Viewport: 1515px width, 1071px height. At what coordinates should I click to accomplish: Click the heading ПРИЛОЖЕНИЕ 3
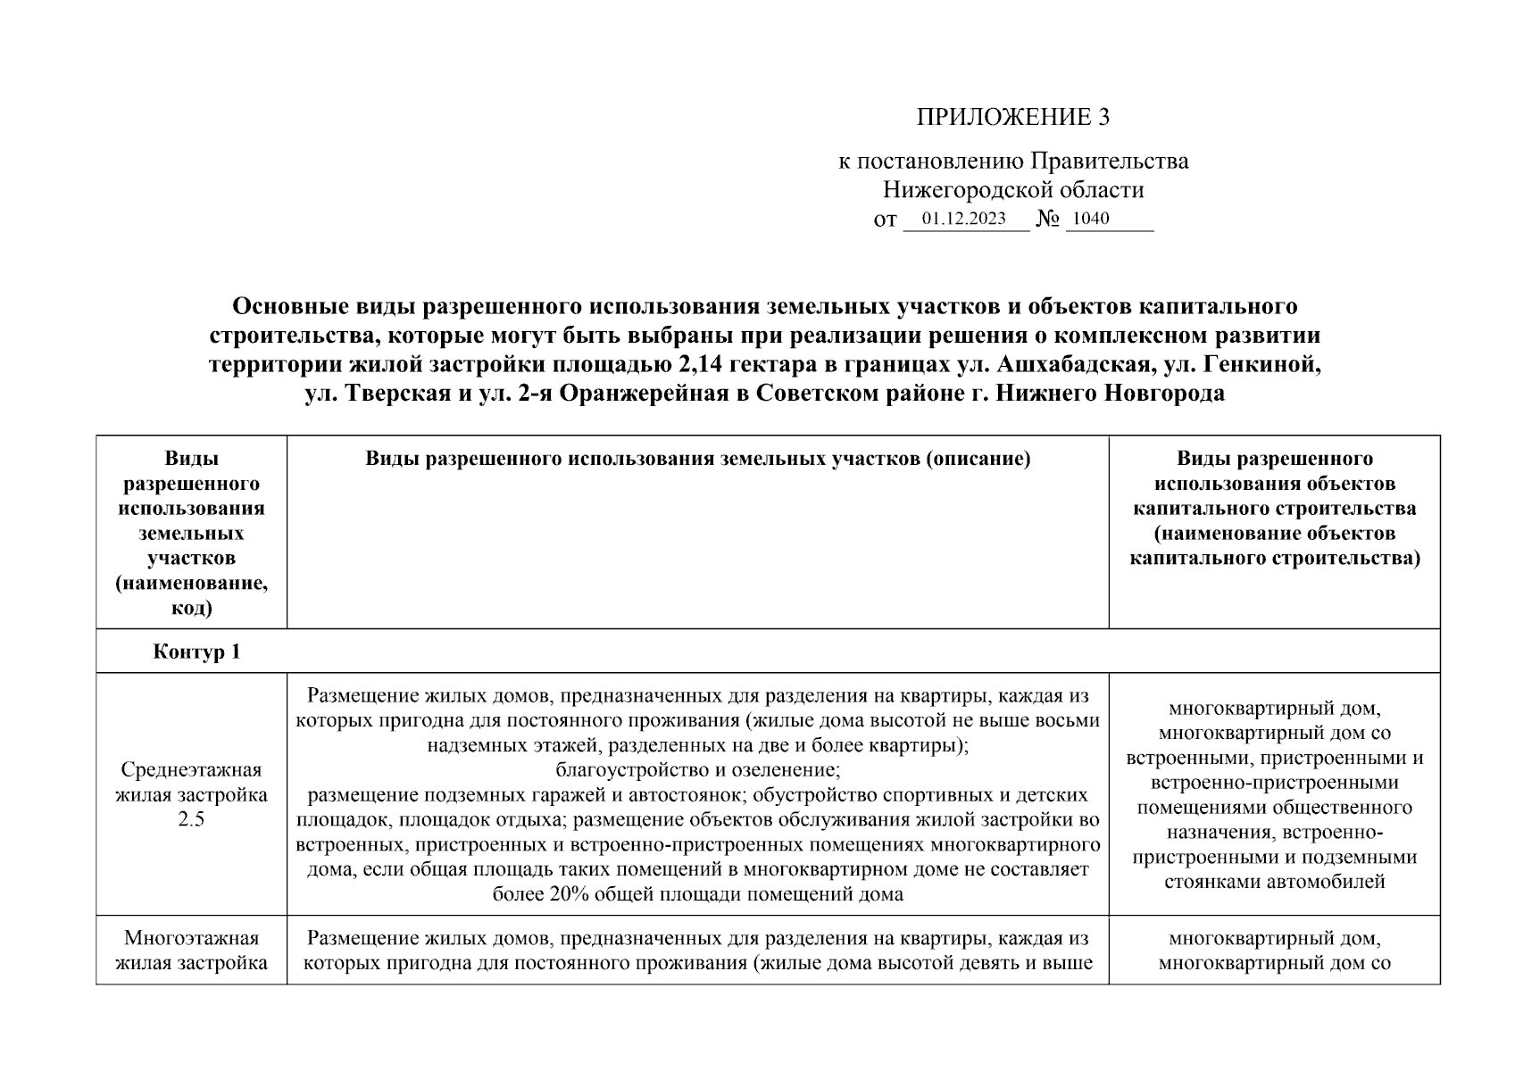pos(1013,117)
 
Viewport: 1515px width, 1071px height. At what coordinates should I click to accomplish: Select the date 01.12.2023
pos(964,219)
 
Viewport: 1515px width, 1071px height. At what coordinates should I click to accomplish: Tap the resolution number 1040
pos(1091,219)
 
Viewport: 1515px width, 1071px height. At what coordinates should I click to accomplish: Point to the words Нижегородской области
pos(1013,190)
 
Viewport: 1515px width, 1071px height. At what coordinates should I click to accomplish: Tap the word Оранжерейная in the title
pos(641,394)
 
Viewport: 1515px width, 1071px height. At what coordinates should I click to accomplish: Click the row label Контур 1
pos(196,652)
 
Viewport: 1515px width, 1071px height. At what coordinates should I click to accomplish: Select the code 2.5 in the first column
pos(191,819)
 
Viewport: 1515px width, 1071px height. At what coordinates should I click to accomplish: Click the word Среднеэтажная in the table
pos(191,769)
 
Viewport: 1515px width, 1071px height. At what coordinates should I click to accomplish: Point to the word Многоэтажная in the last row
pos(191,938)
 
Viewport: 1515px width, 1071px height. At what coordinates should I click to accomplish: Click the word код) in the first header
pos(191,609)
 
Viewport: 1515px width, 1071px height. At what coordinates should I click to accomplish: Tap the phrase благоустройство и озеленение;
pos(697,769)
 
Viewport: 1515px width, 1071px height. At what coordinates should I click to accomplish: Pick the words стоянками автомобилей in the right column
pos(1275,882)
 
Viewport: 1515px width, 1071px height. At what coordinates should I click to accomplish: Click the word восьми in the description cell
pos(1070,720)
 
